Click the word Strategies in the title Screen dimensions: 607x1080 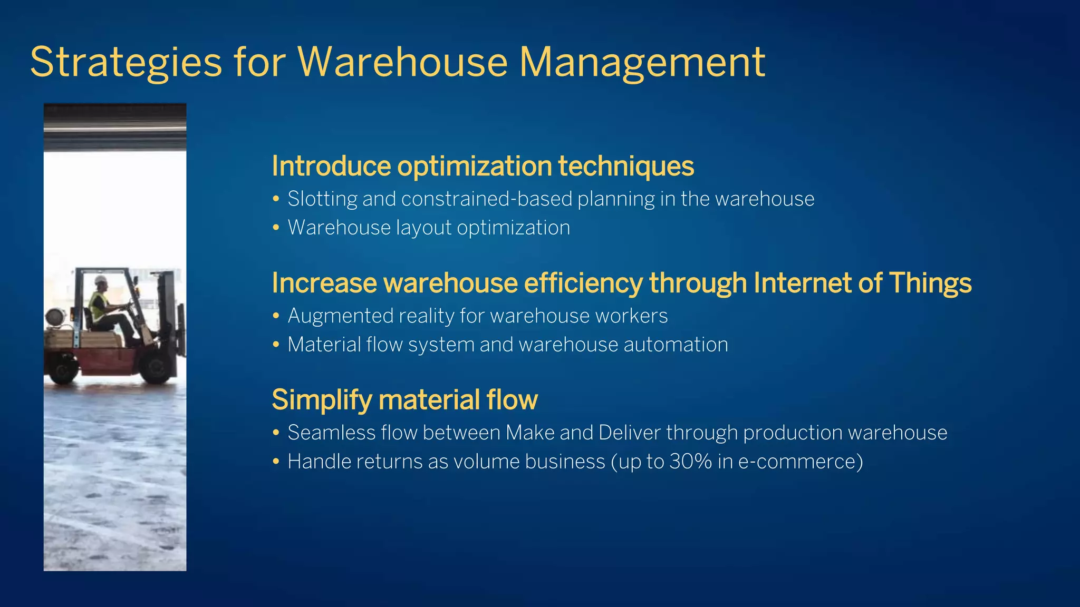click(126, 63)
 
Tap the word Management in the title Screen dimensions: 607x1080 click(642, 63)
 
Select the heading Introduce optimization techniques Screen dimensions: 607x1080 click(483, 166)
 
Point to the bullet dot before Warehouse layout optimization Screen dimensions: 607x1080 click(276, 228)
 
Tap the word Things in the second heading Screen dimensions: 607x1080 click(930, 283)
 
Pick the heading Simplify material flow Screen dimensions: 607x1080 click(404, 399)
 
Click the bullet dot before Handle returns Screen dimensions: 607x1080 click(276, 462)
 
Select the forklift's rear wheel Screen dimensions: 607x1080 click(62, 369)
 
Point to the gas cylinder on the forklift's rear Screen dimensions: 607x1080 click(54, 318)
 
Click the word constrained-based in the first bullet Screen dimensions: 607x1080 click(486, 199)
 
